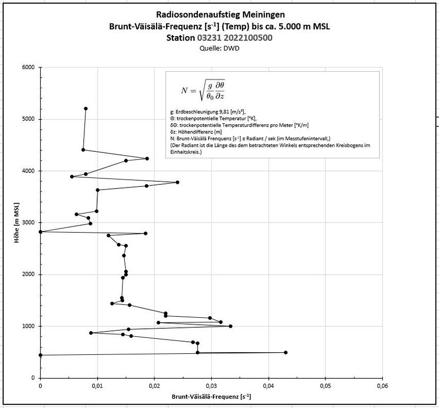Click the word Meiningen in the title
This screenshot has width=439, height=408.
click(x=258, y=14)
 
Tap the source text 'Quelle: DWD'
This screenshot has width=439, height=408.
click(x=219, y=48)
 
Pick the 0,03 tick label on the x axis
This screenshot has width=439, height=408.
click(x=211, y=386)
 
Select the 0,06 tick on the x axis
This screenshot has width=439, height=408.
click(x=382, y=386)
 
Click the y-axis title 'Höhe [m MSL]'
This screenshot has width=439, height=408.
click(x=17, y=223)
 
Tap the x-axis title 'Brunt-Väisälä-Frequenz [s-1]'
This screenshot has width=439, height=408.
click(x=211, y=397)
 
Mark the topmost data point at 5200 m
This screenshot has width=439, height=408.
click(x=85, y=108)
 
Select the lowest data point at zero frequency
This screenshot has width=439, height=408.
click(x=41, y=355)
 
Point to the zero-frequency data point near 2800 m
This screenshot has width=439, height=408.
click(x=41, y=232)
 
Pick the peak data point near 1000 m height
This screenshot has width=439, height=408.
click(x=230, y=326)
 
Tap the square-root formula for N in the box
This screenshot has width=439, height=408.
click(x=203, y=90)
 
